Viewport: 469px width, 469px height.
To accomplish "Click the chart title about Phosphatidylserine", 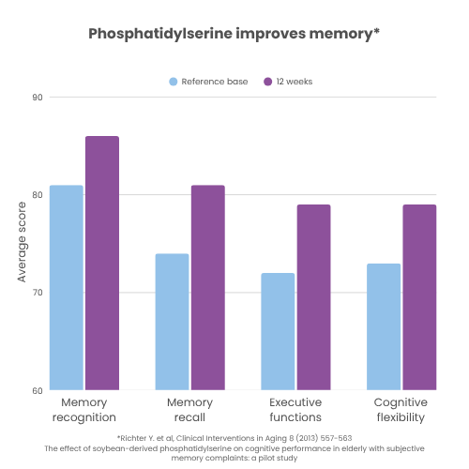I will (x=234, y=34).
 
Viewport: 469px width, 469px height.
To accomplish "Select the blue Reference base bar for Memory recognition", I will (x=67, y=287).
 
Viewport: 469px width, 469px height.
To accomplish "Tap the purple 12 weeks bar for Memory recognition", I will (x=102, y=263).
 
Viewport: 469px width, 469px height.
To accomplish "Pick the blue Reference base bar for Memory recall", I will (x=172, y=321).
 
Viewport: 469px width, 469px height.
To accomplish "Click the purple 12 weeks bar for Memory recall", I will (x=207, y=287).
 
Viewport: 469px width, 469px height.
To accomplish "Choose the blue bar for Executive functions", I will (x=278, y=331).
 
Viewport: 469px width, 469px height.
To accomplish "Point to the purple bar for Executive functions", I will (x=313, y=296).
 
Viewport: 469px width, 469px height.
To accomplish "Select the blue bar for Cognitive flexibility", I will (x=384, y=326).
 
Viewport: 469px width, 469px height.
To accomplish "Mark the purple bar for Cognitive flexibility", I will (x=419, y=296).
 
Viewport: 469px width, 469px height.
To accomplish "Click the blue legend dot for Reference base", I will (x=174, y=82).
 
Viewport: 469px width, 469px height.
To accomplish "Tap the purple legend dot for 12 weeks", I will (x=267, y=82).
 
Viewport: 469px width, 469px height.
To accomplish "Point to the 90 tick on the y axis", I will (x=38, y=97).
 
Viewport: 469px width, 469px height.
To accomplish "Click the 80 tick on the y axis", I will (x=38, y=195).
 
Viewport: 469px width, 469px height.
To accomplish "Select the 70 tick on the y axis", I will (x=38, y=293).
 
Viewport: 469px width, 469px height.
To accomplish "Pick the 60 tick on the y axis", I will (x=38, y=390).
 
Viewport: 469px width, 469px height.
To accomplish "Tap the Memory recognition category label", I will (x=84, y=410).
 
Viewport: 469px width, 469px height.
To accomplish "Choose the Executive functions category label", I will (x=295, y=410).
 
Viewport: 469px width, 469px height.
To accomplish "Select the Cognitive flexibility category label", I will (x=401, y=410).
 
